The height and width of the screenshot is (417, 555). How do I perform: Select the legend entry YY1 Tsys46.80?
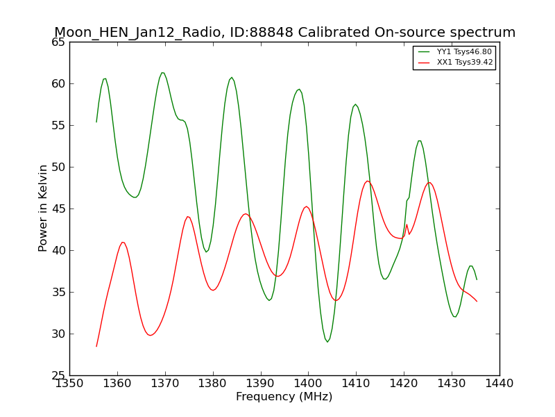click(455, 51)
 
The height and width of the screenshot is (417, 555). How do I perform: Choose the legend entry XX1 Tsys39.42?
click(455, 63)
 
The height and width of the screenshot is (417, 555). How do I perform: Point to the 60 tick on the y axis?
click(58, 83)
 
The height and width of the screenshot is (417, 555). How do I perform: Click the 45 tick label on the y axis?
click(58, 209)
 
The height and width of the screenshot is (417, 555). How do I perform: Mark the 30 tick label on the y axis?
click(58, 334)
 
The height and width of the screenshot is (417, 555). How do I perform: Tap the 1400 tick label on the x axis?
click(308, 384)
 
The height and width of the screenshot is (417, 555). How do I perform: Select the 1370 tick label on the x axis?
click(165, 384)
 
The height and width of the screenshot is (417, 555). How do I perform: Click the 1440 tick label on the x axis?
click(499, 384)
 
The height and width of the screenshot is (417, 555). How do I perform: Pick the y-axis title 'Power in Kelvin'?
click(42, 208)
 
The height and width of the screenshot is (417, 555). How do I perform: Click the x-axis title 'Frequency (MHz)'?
click(284, 396)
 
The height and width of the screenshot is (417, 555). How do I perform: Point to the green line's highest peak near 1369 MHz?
click(162, 73)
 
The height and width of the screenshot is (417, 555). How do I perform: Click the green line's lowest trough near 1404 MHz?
click(327, 342)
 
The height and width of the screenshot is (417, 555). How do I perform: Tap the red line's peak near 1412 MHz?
click(368, 181)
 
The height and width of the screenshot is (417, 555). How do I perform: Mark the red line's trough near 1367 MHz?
click(151, 335)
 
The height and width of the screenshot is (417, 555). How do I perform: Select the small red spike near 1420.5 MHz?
click(407, 224)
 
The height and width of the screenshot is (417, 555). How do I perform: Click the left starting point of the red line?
click(96, 346)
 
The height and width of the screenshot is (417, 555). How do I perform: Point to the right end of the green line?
click(477, 280)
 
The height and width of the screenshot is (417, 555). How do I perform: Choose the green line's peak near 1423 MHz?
click(420, 141)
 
